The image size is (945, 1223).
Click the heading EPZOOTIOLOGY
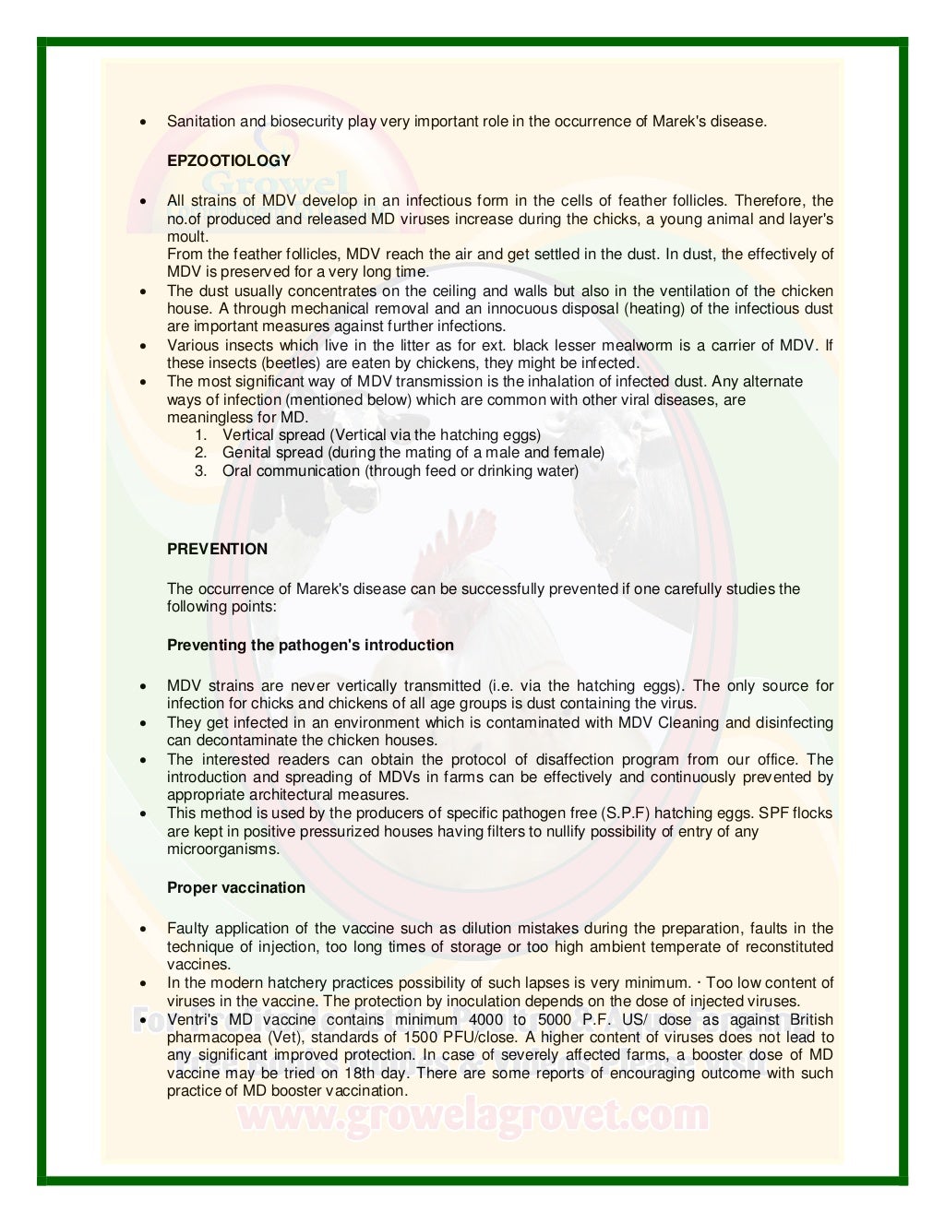228,160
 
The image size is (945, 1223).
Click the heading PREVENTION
217,549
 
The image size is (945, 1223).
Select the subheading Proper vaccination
235,887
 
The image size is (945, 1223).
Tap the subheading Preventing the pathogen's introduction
310,645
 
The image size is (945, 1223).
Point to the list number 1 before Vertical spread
200,434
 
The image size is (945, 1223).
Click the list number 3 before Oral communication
200,470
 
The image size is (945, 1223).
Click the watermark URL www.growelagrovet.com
472,1116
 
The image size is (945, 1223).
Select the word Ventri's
192,1019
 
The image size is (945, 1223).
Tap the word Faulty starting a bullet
188,928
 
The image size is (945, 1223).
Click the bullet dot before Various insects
143,346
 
